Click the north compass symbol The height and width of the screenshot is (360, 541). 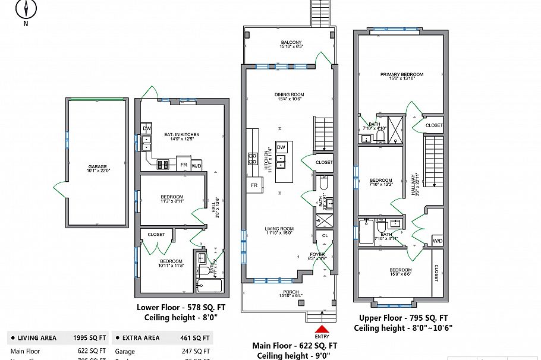click(x=26, y=10)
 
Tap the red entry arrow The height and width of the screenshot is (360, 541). click(x=322, y=329)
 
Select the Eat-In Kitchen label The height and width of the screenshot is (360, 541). click(x=182, y=137)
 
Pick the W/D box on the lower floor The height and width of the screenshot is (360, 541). click(x=196, y=165)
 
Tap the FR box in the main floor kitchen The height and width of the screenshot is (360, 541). click(x=254, y=185)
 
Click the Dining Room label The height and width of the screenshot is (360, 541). click(x=289, y=97)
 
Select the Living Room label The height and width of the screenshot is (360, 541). click(x=279, y=230)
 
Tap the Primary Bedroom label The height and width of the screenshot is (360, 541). click(x=402, y=76)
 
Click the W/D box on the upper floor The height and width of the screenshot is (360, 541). click(x=437, y=241)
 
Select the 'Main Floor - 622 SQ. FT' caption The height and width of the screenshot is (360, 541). click(x=295, y=345)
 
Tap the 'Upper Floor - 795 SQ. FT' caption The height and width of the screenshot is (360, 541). click(x=401, y=318)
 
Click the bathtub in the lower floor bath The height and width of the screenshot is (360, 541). click(x=209, y=286)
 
